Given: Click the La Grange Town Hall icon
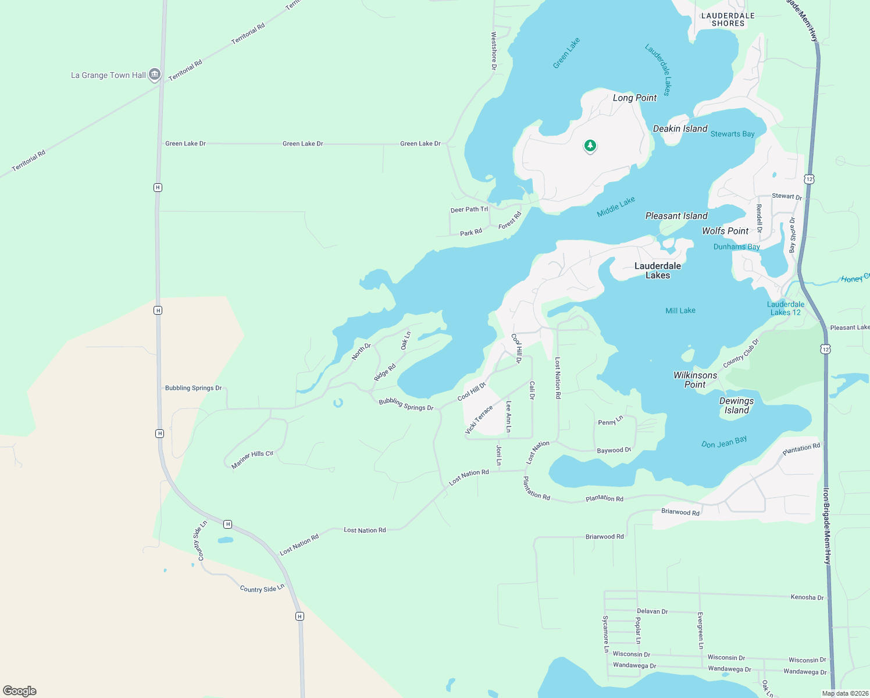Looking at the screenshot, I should coord(154,74).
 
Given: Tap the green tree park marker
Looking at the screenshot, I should coord(590,145).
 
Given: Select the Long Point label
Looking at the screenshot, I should coord(634,98).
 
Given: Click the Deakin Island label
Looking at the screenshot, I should coord(680,129).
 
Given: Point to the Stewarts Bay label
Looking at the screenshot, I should coord(732,134).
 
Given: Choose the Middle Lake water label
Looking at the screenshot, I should coord(616,207).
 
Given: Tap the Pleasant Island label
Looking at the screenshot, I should coord(676,216).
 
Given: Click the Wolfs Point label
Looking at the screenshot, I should coord(725,231).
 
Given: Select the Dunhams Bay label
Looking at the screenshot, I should coord(736,247).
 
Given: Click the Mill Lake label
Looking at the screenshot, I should coord(680,311).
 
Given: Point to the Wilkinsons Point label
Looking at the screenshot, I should coord(695,380).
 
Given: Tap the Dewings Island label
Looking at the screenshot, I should coord(736,405).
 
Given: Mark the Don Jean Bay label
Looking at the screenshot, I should coord(724,443).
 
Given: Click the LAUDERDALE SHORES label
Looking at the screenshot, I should coord(728,20).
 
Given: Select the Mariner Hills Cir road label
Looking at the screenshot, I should coord(252,459).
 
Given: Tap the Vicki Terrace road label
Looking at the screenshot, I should coord(479,419).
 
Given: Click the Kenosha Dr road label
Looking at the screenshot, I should coord(807,597).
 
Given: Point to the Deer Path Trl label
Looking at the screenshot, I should coord(469,209).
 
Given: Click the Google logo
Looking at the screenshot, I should coord(20,691).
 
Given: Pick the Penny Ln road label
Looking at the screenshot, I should coord(610,421).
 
